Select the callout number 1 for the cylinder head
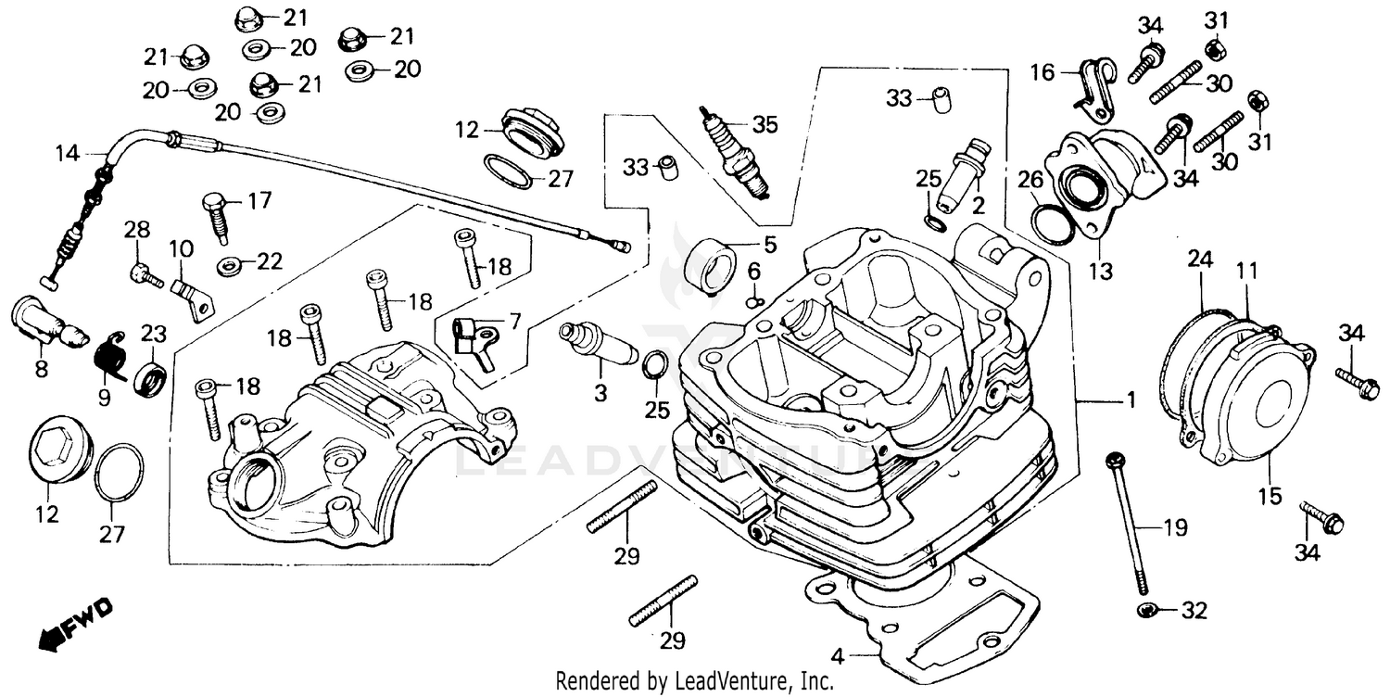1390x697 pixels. coord(1130,400)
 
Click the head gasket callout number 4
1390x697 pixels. coord(837,657)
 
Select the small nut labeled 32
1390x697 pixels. coord(1146,610)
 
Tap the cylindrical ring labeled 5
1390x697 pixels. coord(712,263)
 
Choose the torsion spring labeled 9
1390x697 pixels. coord(113,355)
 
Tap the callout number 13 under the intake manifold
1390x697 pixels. coord(1101,273)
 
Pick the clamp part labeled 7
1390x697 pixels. coord(474,336)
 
